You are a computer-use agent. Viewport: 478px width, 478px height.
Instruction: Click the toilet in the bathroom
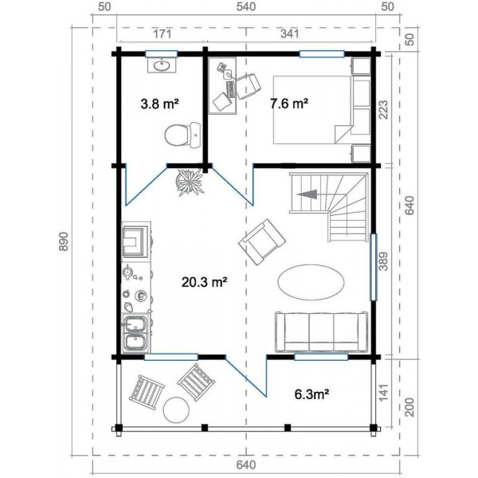tap(182, 135)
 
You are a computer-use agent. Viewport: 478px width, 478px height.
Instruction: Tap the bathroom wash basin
tap(162, 65)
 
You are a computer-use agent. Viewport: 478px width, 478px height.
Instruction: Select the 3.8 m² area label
tap(159, 104)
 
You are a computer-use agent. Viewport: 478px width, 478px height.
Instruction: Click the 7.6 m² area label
tap(288, 104)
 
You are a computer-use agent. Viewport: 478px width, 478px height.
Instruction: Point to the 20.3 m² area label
tap(204, 282)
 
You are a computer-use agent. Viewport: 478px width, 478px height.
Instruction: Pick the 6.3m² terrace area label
tap(311, 394)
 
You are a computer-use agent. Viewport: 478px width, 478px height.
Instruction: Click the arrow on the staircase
tap(308, 194)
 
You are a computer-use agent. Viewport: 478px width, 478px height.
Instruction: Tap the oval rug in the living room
tap(311, 282)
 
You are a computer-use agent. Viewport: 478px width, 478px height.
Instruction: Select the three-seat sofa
tap(321, 332)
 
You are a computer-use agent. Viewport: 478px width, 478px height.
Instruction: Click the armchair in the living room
tap(262, 241)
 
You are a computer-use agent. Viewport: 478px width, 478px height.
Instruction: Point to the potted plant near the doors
tap(190, 182)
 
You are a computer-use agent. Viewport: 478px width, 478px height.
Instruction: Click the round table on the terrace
tap(176, 409)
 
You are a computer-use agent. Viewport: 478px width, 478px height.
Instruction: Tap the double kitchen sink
tap(135, 333)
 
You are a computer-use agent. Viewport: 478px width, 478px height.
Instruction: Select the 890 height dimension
tap(64, 241)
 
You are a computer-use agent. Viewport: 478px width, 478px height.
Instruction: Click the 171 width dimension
tap(162, 33)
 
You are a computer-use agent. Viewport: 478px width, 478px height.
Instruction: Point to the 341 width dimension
tap(290, 33)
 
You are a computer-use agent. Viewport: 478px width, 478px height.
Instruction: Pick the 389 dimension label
tap(383, 261)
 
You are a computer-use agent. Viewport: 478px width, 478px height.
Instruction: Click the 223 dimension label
tap(383, 110)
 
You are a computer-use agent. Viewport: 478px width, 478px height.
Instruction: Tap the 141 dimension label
tap(383, 392)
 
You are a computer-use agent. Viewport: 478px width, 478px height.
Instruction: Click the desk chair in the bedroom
tap(249, 87)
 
